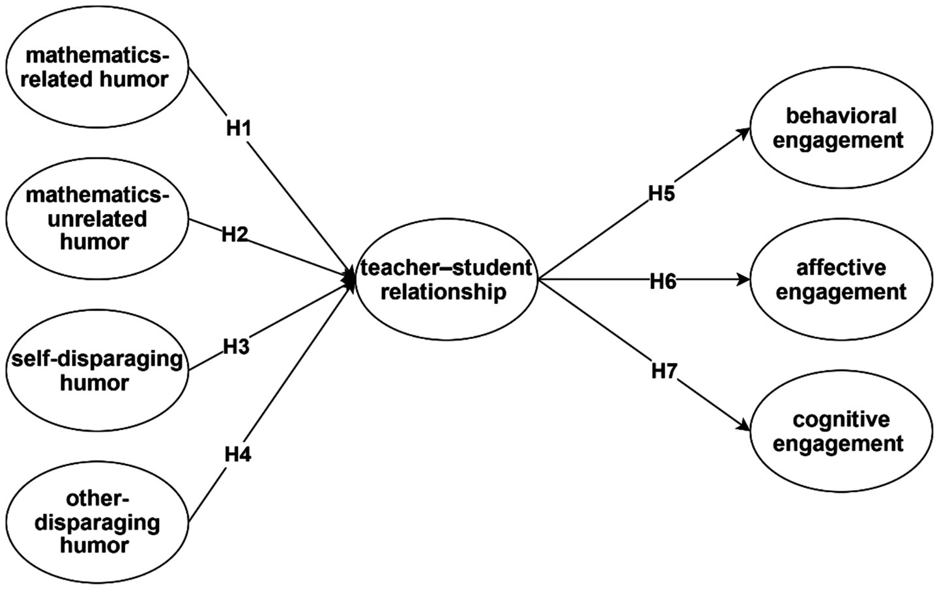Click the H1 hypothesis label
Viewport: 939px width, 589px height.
tap(238, 129)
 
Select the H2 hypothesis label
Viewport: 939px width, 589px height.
tap(235, 234)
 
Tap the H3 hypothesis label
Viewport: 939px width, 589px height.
tap(236, 347)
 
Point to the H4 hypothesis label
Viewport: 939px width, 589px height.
tap(237, 454)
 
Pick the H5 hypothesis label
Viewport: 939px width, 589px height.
tap(661, 194)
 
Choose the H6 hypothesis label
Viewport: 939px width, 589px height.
tap(663, 281)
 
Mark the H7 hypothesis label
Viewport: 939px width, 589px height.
tap(664, 372)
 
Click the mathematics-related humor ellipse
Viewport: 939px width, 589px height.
tap(96, 68)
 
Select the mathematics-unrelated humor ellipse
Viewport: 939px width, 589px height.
tap(96, 219)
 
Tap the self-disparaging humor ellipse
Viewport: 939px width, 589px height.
tap(96, 370)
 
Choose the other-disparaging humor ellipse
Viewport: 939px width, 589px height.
tap(96, 522)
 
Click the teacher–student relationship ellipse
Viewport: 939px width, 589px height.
tap(446, 280)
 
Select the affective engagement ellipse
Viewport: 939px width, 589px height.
tap(841, 280)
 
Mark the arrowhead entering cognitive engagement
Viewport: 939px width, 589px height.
tap(744, 426)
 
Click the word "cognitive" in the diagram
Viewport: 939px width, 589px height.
tap(841, 420)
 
